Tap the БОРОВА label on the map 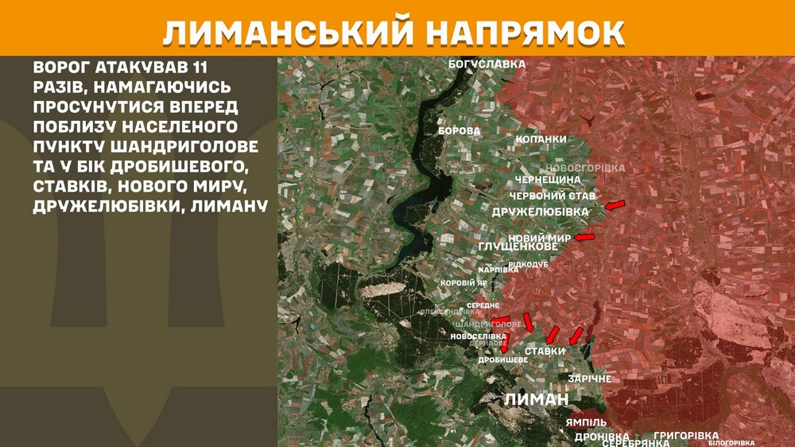click(x=459, y=130)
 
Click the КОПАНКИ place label click(x=541, y=139)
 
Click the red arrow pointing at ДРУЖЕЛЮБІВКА click(x=614, y=207)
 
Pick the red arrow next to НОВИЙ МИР click(x=584, y=237)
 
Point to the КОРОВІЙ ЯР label click(x=463, y=282)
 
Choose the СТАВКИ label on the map click(x=545, y=351)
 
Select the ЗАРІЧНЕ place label click(x=589, y=379)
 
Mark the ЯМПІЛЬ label click(x=587, y=422)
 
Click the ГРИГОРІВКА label click(x=686, y=435)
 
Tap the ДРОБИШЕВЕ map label click(x=502, y=360)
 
